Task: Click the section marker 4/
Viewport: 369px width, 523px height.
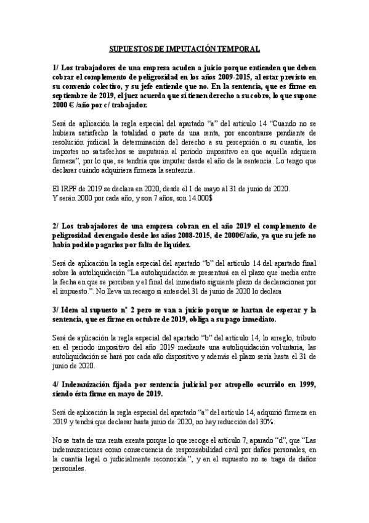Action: coord(57,384)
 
